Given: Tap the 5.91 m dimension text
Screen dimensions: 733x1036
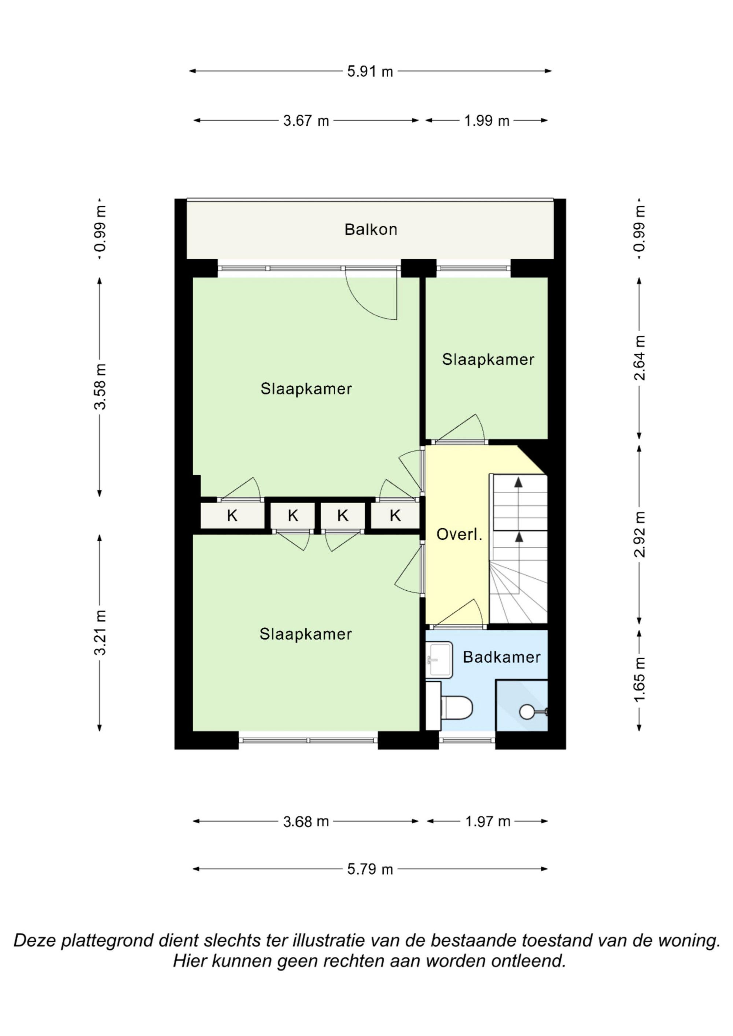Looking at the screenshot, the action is (x=370, y=71).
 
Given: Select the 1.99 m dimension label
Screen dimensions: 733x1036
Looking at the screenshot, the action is (x=487, y=121).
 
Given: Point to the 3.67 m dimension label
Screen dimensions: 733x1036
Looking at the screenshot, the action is (x=306, y=121).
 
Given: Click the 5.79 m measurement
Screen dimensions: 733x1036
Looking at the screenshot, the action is (x=370, y=869).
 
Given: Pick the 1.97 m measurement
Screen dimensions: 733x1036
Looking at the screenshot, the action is (x=488, y=821).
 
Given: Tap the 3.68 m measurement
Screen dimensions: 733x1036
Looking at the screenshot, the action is (x=306, y=821).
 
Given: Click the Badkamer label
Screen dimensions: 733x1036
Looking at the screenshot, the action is (x=501, y=657).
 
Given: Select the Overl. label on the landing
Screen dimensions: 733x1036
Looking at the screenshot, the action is (x=459, y=534).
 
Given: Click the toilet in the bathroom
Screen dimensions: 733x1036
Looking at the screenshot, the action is (x=456, y=708).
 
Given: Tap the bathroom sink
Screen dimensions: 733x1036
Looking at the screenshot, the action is (x=439, y=659).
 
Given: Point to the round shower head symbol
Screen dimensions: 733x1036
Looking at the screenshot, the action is (x=527, y=712).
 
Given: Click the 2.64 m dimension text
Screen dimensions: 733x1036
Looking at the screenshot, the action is (x=639, y=358).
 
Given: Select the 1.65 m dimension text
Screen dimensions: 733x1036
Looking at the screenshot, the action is (x=639, y=680).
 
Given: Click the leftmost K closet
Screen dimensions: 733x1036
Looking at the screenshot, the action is (x=232, y=515).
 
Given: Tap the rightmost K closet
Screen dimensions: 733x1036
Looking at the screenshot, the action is (x=395, y=515).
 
